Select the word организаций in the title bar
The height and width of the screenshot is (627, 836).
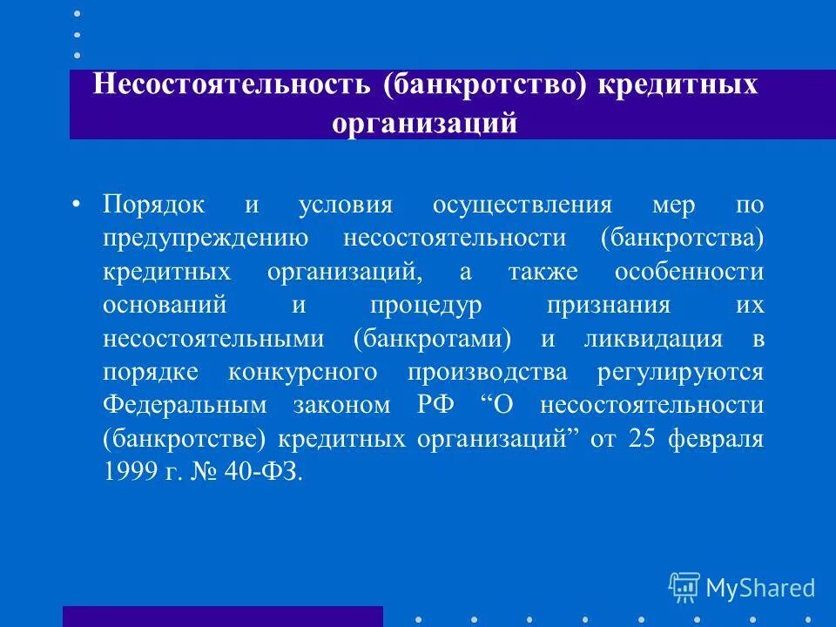tap(424, 123)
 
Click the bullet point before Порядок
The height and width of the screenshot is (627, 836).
tap(76, 205)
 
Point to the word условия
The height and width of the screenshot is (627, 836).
tap(346, 205)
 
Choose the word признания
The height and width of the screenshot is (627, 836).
tap(609, 306)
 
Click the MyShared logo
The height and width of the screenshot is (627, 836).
tap(742, 587)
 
